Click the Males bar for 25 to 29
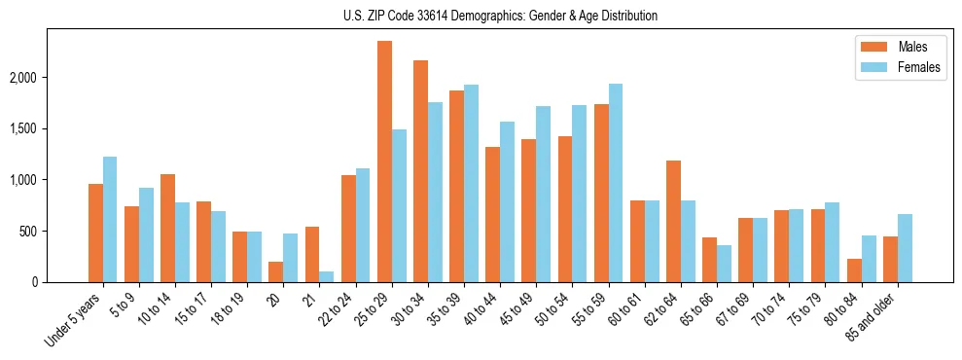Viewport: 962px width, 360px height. click(384, 162)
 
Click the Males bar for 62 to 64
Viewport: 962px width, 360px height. click(673, 222)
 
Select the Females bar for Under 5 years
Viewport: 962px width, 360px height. click(110, 220)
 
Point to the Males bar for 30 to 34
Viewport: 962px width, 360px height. click(420, 171)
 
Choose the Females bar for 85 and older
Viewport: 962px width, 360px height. click(905, 248)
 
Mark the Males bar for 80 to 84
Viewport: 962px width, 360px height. click(854, 270)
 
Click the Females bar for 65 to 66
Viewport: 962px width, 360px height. click(724, 264)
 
